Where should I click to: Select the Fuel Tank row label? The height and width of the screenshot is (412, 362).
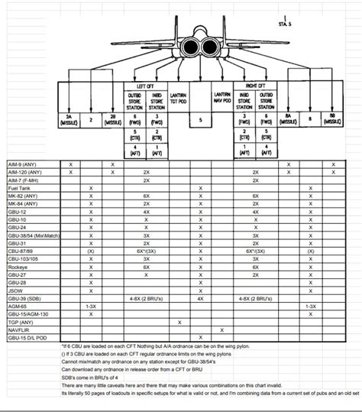(x=16, y=188)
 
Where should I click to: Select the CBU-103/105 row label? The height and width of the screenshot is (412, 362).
(x=22, y=258)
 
